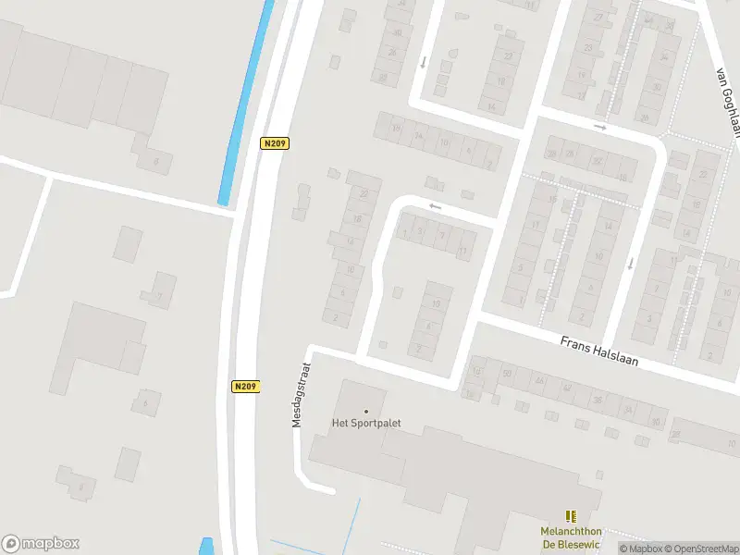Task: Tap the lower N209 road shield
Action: coord(246,387)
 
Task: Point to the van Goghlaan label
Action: coord(728,102)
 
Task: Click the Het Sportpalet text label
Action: coord(365,425)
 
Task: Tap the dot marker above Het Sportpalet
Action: coord(365,412)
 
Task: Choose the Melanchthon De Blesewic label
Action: coord(571,536)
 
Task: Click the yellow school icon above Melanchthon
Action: coord(571,516)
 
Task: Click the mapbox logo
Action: coord(41,544)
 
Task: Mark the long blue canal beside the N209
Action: coord(246,102)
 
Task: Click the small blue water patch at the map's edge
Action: coord(205,546)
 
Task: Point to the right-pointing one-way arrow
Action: coord(600,127)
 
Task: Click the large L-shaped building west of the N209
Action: coord(97,338)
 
